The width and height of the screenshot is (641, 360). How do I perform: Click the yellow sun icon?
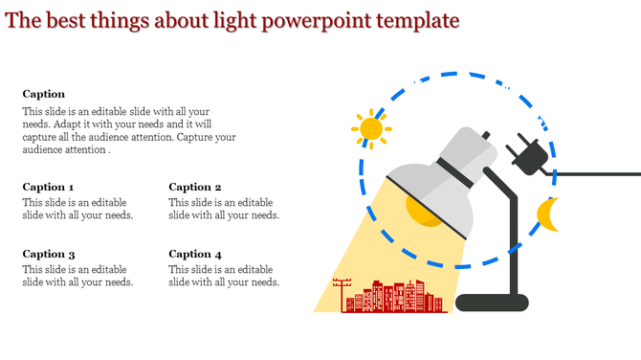coord(370,128)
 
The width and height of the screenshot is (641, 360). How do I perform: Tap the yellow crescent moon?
coord(547,215)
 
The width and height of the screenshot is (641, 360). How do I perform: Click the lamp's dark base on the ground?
coord(492,303)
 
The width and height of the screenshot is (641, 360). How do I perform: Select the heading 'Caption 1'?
coord(48,187)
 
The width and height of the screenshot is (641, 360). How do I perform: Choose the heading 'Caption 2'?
coord(195,187)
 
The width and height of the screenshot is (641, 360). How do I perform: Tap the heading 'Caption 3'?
coord(49,254)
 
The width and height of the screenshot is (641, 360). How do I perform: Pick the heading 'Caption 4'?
coord(195,254)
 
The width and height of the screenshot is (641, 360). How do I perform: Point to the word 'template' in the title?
coord(420,20)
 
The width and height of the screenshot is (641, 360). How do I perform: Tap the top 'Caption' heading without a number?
coord(44,94)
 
